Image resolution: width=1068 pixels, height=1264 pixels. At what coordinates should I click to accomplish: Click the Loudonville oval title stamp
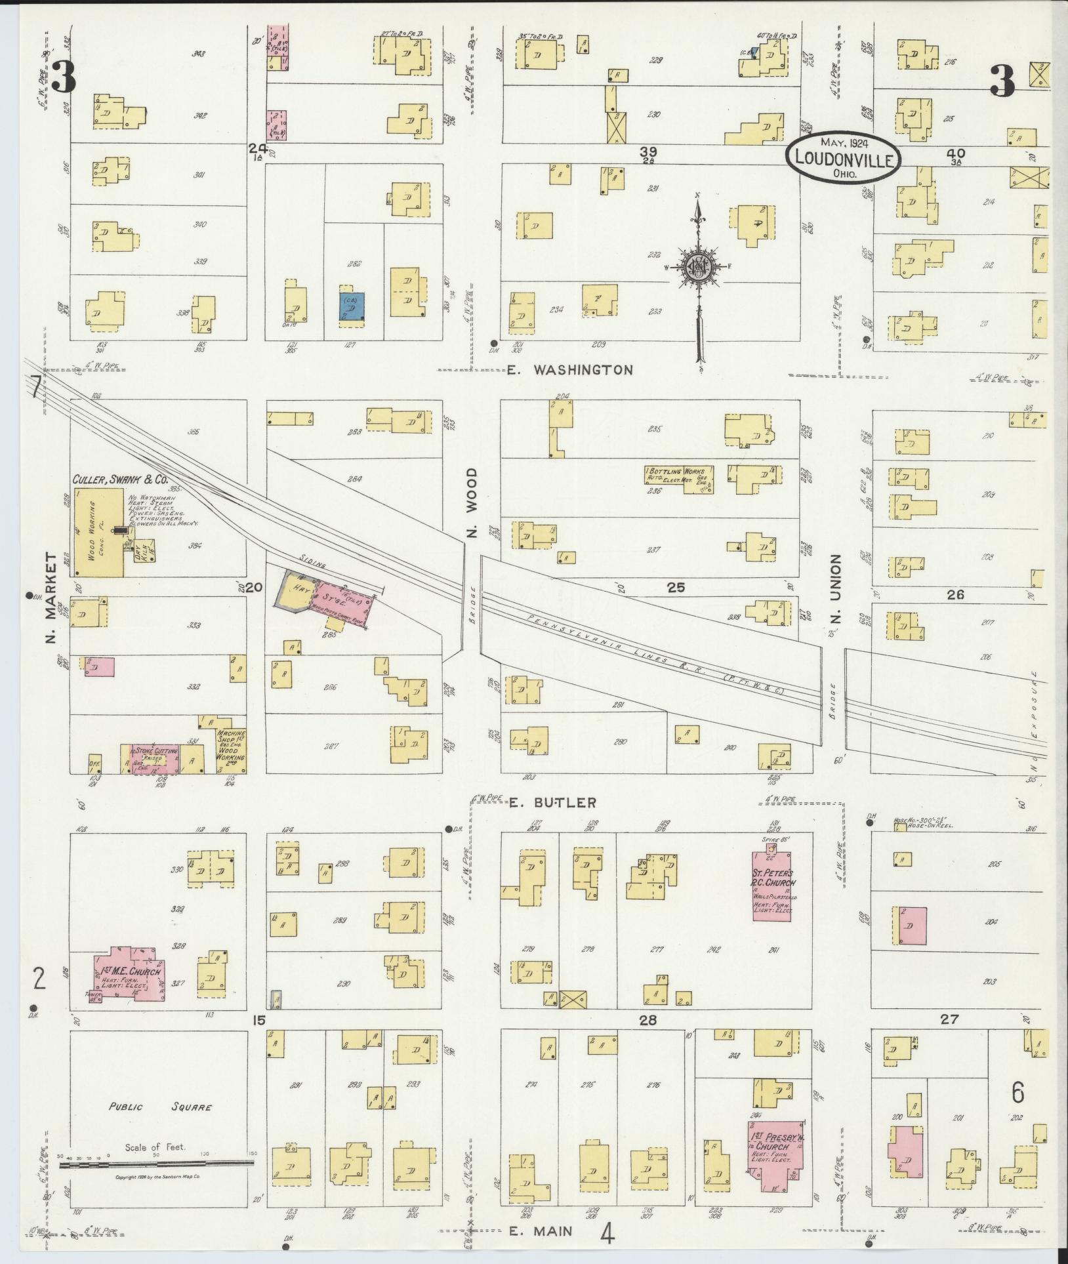844,156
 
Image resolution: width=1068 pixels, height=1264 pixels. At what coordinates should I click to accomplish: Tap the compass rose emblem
699,266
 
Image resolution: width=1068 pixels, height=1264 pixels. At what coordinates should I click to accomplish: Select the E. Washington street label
569,370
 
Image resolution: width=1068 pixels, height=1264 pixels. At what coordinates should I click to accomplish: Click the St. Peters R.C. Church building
772,886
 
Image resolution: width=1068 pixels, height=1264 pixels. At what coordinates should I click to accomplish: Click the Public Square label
161,1107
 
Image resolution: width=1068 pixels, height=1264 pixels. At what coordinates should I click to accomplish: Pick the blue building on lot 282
352,306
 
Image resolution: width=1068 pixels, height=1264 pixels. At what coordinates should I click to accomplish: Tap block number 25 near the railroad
676,587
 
